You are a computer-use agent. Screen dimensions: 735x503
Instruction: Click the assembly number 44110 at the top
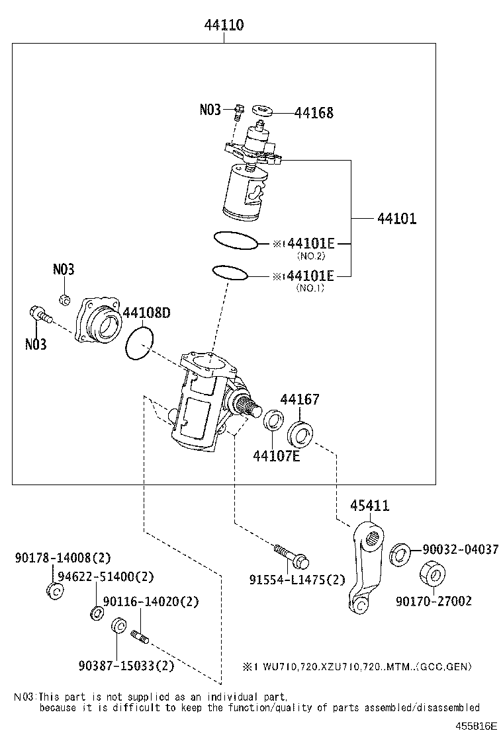[224, 25]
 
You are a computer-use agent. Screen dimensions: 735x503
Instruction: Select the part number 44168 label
[314, 113]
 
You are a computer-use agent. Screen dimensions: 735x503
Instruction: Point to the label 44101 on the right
[397, 219]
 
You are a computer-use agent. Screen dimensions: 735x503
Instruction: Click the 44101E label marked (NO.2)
[310, 244]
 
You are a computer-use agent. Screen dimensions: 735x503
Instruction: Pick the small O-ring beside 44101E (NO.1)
[230, 272]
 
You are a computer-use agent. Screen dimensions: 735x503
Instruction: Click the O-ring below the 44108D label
[140, 344]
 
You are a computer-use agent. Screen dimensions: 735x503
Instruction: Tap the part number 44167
[300, 399]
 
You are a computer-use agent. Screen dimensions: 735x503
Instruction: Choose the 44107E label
[276, 455]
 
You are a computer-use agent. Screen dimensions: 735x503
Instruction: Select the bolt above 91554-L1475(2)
[292, 555]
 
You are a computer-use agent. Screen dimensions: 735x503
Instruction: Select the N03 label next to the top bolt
[210, 110]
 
